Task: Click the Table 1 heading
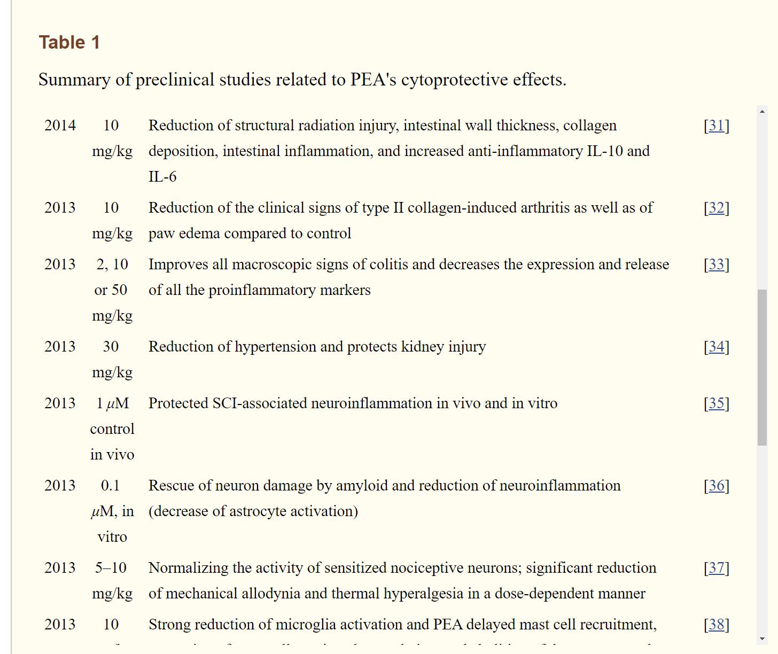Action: pos(69,42)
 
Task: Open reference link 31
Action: pos(716,126)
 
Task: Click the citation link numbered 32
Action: pos(716,208)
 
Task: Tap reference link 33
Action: pos(716,264)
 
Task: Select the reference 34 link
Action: pos(716,347)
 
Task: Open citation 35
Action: pos(716,403)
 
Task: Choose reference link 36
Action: pos(716,486)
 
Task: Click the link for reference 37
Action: pos(716,568)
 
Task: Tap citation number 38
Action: pos(716,625)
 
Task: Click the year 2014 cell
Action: pos(60,126)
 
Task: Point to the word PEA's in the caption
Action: pos(373,80)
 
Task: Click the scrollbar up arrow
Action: pos(762,112)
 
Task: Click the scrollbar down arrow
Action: pos(762,639)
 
